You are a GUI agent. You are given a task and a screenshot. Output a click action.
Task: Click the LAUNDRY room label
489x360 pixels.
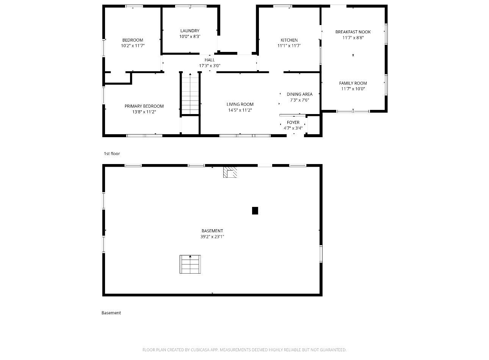[190, 31]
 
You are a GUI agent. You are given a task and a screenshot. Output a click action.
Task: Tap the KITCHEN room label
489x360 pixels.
[289, 40]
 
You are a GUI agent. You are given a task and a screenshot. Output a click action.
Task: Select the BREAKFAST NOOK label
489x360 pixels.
[353, 32]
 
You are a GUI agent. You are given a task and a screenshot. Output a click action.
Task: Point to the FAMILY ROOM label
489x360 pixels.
[353, 83]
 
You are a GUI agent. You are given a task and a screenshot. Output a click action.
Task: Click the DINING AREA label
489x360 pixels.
[299, 94]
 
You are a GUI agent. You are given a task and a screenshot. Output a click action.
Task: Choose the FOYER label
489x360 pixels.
[293, 122]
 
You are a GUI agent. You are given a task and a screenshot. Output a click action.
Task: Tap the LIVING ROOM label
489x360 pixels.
[240, 104]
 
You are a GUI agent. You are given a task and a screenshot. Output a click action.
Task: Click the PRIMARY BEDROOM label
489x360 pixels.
[144, 106]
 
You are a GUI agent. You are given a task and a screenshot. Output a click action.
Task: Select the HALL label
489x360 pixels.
[210, 60]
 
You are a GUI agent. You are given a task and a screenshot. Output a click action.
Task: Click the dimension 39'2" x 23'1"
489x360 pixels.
[212, 236]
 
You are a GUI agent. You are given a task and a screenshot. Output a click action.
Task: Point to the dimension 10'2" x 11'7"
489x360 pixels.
[133, 46]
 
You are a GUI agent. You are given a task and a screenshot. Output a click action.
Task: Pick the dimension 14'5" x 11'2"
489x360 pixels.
[240, 110]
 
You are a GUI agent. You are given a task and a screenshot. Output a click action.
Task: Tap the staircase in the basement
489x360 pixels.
[190, 264]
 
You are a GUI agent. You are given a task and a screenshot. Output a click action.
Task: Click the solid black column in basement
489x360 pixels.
[255, 211]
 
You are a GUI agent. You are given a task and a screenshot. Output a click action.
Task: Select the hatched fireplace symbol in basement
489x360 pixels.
[230, 172]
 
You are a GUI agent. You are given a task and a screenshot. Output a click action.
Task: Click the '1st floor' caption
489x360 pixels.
[112, 153]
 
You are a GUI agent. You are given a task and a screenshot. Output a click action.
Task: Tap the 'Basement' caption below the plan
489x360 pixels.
[111, 313]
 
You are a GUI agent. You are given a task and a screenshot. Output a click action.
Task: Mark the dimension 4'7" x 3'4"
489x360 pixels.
[293, 128]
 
